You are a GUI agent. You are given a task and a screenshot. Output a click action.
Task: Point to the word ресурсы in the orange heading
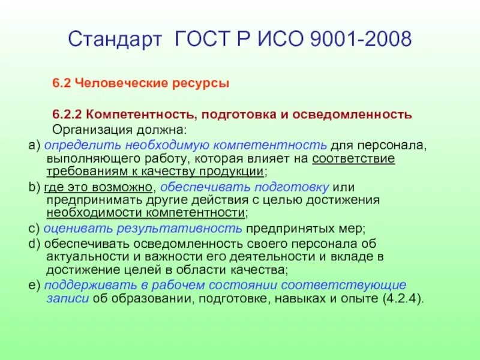(x=204, y=84)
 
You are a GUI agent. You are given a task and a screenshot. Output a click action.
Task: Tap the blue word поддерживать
(x=85, y=284)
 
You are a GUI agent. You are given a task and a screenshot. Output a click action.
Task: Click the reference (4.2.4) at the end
(x=401, y=298)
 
